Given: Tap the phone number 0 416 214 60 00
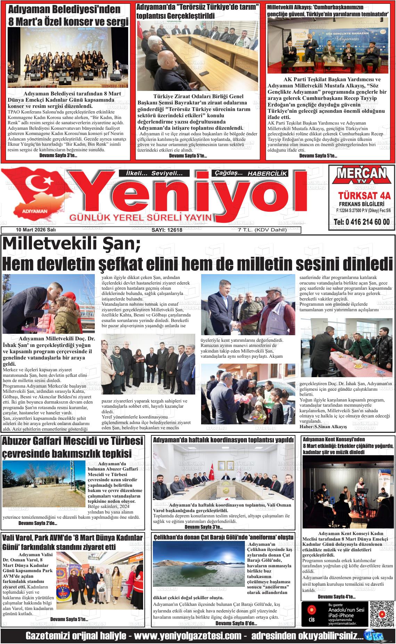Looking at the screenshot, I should coord(361,222).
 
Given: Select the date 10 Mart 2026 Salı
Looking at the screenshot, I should coord(36,230).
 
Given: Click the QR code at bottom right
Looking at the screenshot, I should coord(381,612).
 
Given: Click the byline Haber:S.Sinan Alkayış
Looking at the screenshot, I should coord(323,426).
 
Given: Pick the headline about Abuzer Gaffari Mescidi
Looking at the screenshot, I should coord(72,447).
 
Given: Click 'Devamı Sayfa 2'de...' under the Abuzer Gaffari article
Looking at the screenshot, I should coord(38,523).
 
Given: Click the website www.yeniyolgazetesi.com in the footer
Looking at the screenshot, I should coord(188,636).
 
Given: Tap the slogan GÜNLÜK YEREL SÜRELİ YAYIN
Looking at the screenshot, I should coord(141,218).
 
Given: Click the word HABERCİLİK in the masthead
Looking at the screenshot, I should coord(267,173).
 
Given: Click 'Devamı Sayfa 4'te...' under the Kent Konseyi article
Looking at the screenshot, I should coord(337,597).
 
